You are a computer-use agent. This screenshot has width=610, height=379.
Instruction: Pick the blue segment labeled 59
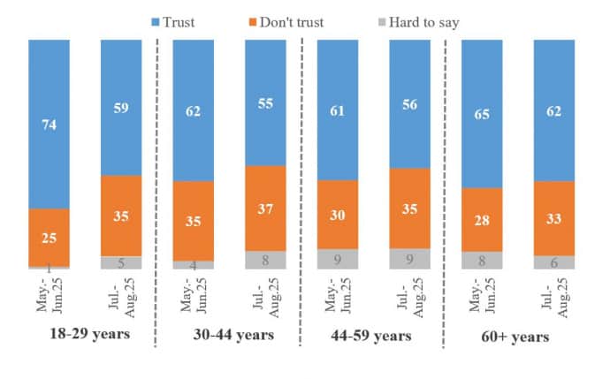point(121,107)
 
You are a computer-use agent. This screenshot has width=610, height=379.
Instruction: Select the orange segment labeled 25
point(49,237)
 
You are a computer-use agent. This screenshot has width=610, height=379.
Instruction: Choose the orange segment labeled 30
point(337,215)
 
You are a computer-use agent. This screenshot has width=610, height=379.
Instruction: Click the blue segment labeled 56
point(409,103)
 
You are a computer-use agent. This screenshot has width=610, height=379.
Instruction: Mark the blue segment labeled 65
point(482,114)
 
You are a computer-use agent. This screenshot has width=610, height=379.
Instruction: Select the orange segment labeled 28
point(482,219)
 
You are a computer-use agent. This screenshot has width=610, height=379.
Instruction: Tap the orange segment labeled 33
point(554,218)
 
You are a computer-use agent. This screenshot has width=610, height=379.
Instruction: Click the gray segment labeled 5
point(121,262)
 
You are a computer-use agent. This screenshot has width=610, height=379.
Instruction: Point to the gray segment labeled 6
point(554,262)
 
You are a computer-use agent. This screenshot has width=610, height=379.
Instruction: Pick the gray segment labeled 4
point(194,264)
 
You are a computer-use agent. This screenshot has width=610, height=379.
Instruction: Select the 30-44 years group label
point(233,336)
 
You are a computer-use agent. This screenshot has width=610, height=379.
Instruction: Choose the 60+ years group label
point(518,337)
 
